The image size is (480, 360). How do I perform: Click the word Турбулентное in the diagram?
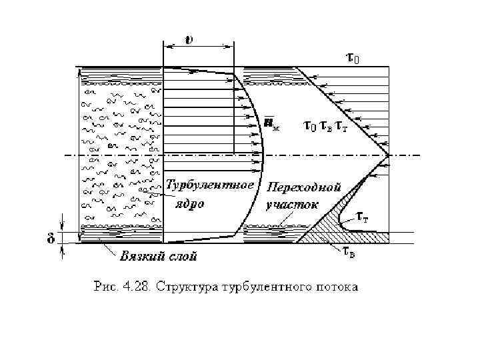[x=210, y=184]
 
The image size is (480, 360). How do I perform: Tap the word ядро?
[x=189, y=203]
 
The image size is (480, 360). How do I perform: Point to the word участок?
[x=292, y=204]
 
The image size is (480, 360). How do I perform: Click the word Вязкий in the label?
[x=141, y=255]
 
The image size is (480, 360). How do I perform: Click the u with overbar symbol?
[x=269, y=123]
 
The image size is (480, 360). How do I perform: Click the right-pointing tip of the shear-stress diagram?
[x=389, y=155]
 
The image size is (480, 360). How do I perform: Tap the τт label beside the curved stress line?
[x=363, y=217]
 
